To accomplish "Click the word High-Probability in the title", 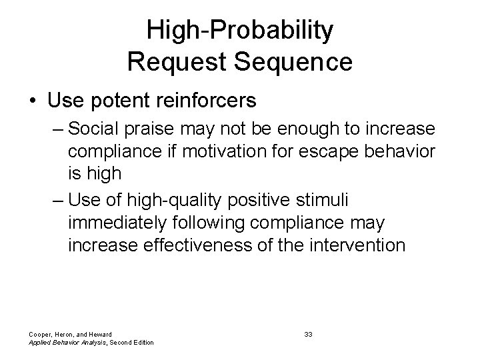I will tap(240, 30).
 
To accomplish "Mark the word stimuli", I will tap(341, 199).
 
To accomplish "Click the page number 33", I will tap(308, 334).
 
